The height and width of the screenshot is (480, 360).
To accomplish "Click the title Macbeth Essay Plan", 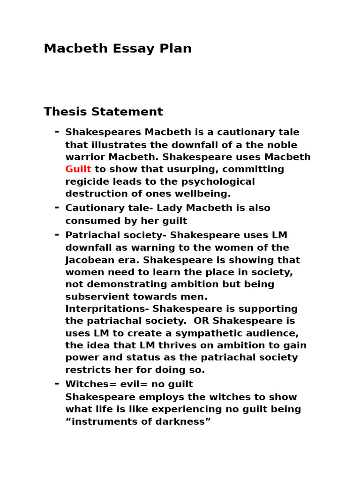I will pos(118,49).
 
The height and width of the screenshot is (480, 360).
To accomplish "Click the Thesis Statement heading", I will pos(103,112).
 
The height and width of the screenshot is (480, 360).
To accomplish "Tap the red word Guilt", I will pos(78,169).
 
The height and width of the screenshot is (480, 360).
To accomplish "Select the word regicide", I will pos(87,181).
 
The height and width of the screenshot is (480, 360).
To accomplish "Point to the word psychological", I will pos(217,181).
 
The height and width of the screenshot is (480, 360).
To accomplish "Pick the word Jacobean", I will pos(89,260).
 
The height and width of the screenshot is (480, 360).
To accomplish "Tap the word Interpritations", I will pos(107,309).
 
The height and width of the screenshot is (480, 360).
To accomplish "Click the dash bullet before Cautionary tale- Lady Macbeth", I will pos(57,207).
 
